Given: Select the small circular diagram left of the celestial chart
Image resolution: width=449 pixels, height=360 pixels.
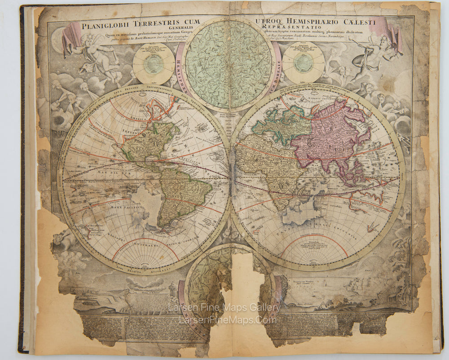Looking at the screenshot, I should [x=154, y=64].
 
